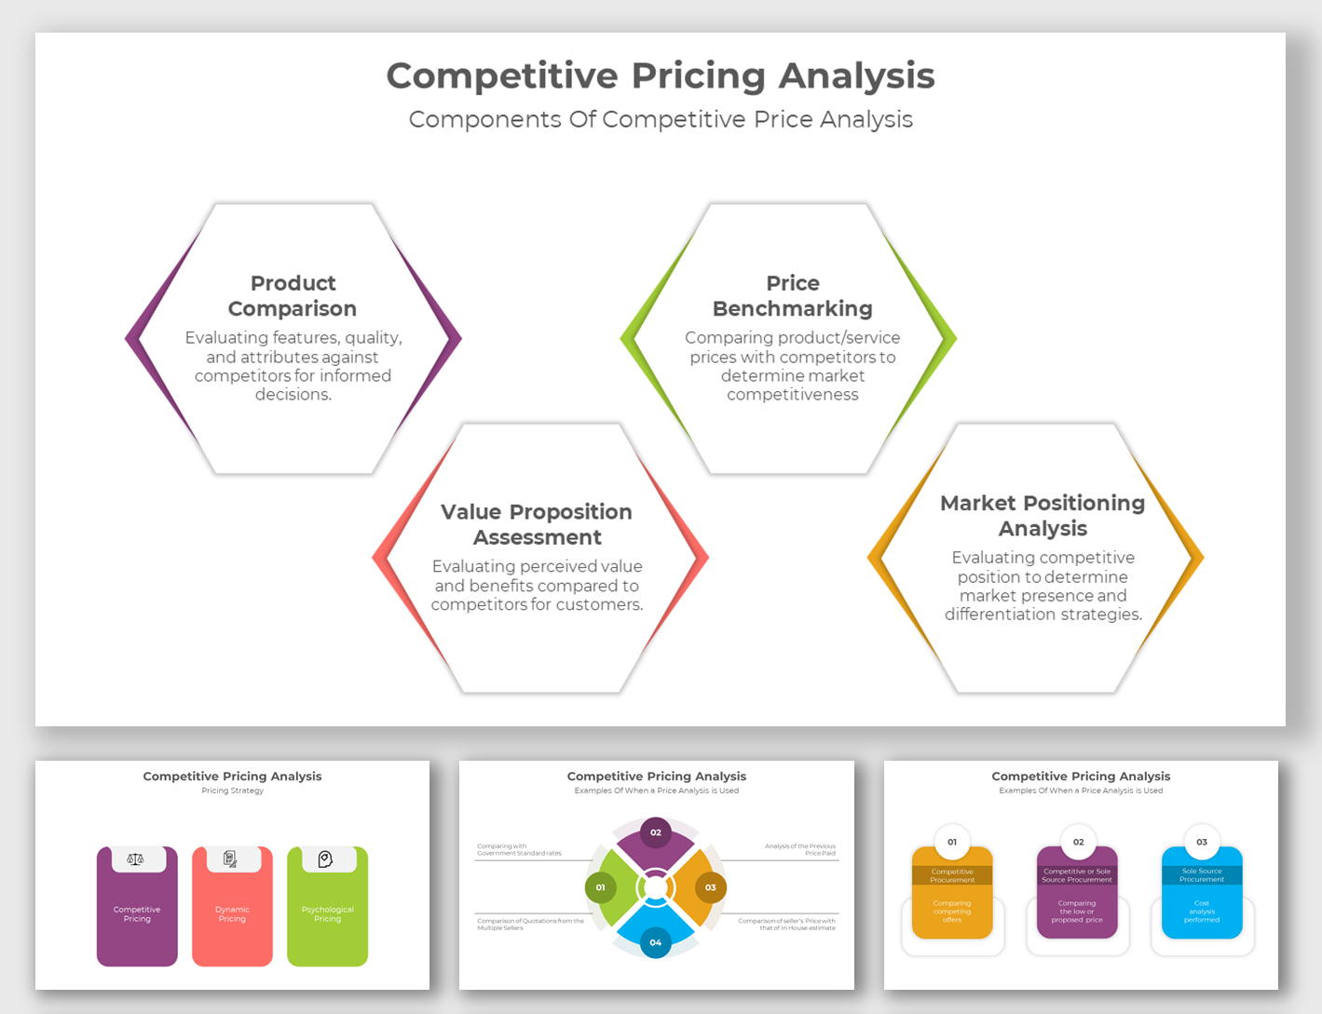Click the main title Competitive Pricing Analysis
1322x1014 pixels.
[661, 76]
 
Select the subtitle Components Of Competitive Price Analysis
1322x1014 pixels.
[661, 119]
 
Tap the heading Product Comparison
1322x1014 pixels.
[293, 295]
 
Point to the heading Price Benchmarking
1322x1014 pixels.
[792, 295]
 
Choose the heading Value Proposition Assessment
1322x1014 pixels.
[537, 524]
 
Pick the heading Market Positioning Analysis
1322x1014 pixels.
[1043, 515]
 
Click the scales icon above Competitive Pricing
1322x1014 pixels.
[136, 859]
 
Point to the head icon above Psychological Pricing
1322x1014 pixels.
[325, 859]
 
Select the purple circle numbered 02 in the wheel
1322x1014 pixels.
[656, 832]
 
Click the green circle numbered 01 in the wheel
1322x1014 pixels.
[600, 887]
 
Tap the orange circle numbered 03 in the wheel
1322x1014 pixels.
[711, 887]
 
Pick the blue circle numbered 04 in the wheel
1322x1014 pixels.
[656, 942]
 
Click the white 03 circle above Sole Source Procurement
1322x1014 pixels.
[1202, 842]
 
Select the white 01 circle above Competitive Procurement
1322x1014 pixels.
[952, 842]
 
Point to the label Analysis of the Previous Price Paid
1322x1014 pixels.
[799, 849]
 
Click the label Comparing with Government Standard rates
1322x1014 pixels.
[520, 849]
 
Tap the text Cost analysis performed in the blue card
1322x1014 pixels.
[1202, 912]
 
